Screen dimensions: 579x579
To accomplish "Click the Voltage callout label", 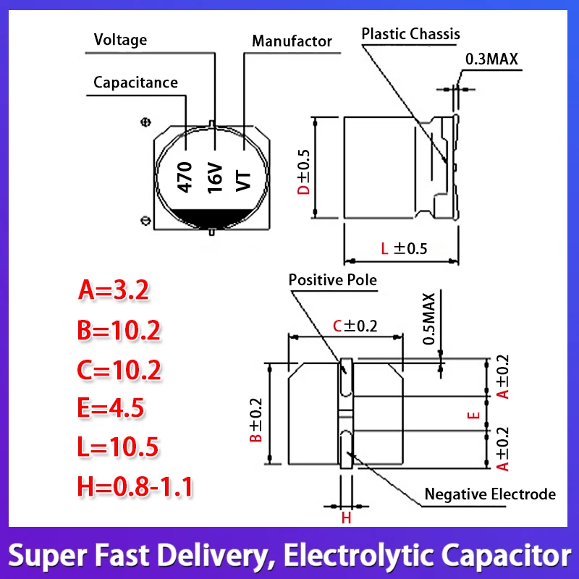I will (x=121, y=40).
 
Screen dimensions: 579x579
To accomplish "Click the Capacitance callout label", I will (x=135, y=82).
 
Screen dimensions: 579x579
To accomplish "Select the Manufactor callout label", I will (x=292, y=41).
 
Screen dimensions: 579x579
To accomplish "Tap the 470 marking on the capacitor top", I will (x=185, y=177).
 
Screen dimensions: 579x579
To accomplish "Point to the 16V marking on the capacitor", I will (x=215, y=177).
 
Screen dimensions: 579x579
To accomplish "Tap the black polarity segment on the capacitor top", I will (x=210, y=216).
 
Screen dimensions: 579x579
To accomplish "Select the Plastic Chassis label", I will (x=410, y=34).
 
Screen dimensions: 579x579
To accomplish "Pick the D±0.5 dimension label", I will (x=305, y=172).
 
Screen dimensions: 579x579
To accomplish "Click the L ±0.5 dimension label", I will (x=405, y=248).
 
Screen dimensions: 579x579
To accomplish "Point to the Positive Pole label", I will (x=333, y=280).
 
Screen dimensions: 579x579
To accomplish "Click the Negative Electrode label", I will (x=490, y=494).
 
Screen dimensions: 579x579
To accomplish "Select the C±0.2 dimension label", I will (x=355, y=326).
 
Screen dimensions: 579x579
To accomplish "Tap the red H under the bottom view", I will (x=346, y=518).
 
